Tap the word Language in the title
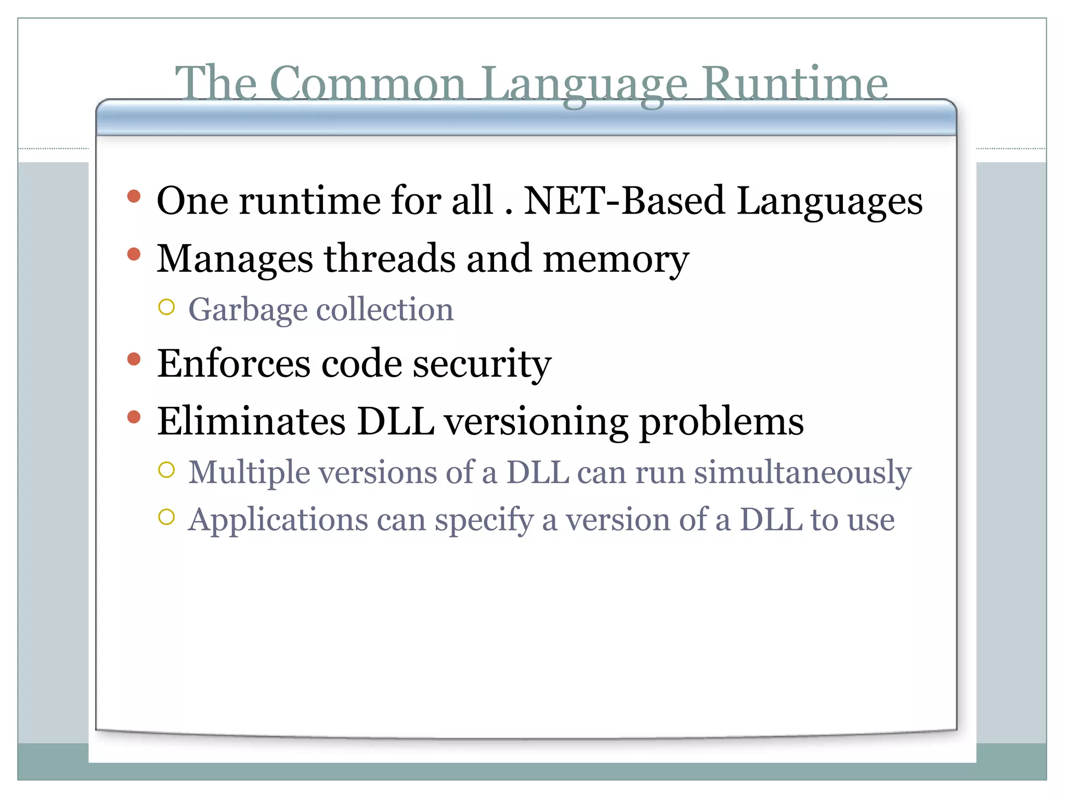click(585, 84)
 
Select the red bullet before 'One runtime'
click(134, 196)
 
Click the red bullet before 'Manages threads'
click(134, 254)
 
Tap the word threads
click(390, 258)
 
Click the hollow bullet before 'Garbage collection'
click(166, 307)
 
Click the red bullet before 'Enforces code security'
click(134, 359)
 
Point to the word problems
click(721, 422)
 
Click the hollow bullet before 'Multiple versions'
click(166, 470)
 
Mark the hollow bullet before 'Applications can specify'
click(166, 517)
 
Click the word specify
click(484, 521)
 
